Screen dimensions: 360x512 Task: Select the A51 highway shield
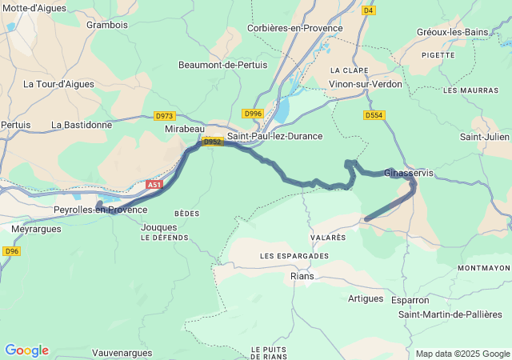[154, 185]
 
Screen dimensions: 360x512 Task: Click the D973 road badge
[165, 116]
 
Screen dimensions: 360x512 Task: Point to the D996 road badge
[253, 114]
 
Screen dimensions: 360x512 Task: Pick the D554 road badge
[374, 115]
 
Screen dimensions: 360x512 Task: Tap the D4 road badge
[368, 10]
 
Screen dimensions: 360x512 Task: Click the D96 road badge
[10, 251]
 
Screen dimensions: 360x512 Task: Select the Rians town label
[302, 276]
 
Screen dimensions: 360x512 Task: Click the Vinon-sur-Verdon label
[366, 84]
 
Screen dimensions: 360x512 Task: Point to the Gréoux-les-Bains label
[452, 32]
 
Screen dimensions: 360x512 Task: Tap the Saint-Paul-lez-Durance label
[274, 136]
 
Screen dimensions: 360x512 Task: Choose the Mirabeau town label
[185, 128]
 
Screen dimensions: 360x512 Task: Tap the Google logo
[26, 350]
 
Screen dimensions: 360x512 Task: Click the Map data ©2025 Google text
[462, 354]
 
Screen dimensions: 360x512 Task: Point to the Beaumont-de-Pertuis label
[222, 65]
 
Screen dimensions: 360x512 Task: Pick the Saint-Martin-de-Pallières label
[450, 314]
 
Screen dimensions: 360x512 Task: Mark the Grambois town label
[107, 24]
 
